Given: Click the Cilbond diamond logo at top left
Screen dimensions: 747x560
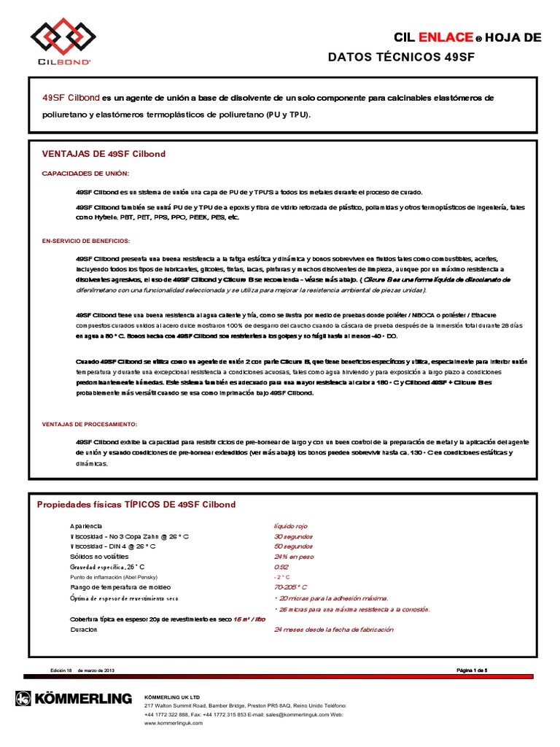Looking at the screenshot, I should (x=61, y=37).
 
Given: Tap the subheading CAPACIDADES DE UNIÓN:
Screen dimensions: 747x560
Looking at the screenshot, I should (x=85, y=173).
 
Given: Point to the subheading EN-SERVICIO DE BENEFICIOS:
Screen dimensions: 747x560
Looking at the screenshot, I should (x=86, y=240).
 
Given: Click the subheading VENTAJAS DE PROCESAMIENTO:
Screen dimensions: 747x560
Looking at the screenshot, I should (x=89, y=424).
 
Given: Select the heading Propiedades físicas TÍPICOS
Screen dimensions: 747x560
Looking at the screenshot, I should (x=136, y=504).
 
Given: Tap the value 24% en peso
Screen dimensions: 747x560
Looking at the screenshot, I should (x=293, y=556).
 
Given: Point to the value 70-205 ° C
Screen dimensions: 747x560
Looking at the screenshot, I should (x=290, y=587).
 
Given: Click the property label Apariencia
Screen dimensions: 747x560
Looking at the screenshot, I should (x=86, y=525).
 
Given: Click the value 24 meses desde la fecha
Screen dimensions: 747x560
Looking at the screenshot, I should (x=333, y=629).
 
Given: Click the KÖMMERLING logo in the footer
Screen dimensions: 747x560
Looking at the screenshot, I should (x=74, y=699).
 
